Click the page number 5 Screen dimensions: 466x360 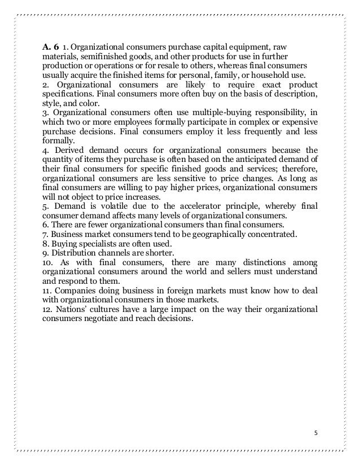pos(315,433)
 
